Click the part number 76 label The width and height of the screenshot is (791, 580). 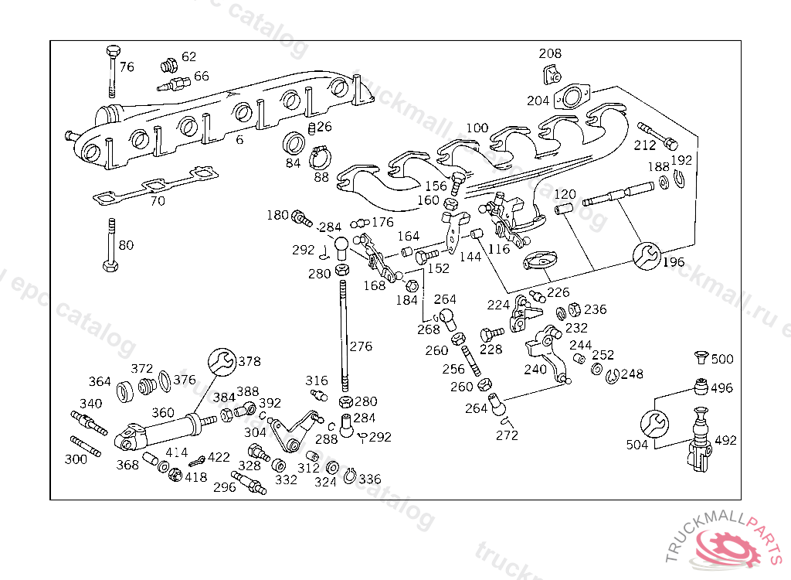coord(127,67)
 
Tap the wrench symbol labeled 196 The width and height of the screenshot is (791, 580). coord(646,255)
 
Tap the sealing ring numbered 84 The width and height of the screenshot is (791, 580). coord(294,144)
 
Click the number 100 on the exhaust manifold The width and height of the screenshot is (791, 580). coord(477,128)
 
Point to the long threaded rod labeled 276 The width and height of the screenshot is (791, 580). coord(342,333)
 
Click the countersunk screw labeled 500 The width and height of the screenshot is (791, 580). coord(701,358)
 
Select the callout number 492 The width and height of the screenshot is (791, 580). coord(725,441)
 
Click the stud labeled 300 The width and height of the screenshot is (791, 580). coord(85,447)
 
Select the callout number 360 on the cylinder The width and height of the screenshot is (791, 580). coord(162,413)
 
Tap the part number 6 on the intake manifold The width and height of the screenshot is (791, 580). coord(239,140)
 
